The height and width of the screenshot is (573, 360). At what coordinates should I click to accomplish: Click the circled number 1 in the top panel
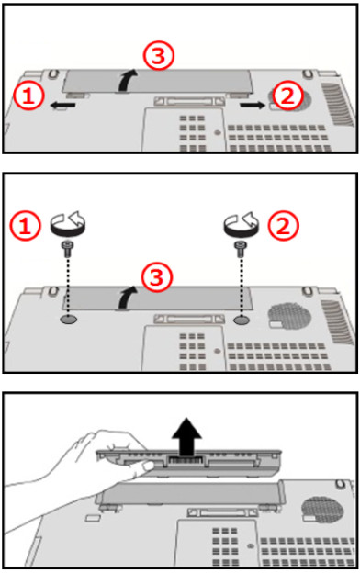click(x=28, y=96)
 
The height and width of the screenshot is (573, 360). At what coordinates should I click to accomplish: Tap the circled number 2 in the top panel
click(x=288, y=96)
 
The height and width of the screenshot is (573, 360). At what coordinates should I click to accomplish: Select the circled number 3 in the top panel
click(x=158, y=55)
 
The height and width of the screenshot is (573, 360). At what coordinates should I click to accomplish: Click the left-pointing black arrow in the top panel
click(x=62, y=106)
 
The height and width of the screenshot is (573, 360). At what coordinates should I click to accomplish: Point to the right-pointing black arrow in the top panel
click(x=253, y=106)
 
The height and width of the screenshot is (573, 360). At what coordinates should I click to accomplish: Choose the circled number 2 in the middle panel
click(x=283, y=225)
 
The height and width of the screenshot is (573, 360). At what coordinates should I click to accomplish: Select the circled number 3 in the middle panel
click(x=156, y=277)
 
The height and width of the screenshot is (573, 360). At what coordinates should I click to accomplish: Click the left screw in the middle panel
click(x=66, y=249)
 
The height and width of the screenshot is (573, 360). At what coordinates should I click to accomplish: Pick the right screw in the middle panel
click(x=240, y=249)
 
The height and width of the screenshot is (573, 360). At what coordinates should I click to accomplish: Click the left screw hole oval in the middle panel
click(x=69, y=320)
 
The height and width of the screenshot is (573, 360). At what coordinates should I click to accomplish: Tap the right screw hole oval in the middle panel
click(x=242, y=320)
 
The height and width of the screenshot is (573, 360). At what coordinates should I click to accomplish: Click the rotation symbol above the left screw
click(x=67, y=228)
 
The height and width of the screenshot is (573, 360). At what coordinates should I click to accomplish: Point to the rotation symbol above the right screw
click(x=241, y=228)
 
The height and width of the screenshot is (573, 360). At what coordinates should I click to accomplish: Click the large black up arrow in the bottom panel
click(x=187, y=436)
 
